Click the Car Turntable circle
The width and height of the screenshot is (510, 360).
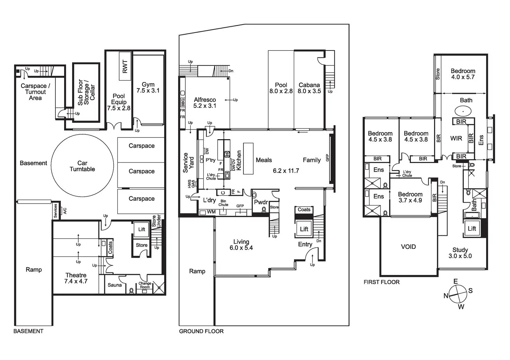[x=82, y=166]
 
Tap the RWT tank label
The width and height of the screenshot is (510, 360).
[x=125, y=66]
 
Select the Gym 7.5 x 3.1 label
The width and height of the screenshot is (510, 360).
[x=148, y=88]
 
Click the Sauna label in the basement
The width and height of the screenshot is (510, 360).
[x=115, y=285]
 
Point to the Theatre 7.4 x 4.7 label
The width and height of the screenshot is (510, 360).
[x=76, y=278]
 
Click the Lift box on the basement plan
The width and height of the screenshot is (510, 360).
[x=142, y=229]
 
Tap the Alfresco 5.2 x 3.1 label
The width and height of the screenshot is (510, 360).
[x=205, y=103]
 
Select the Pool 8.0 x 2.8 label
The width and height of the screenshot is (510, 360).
[x=281, y=88]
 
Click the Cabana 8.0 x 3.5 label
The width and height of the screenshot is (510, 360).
[x=309, y=88]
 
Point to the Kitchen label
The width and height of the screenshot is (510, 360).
[x=239, y=160]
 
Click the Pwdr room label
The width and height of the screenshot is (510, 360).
[x=261, y=202]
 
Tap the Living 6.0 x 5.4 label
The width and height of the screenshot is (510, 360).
[x=241, y=245]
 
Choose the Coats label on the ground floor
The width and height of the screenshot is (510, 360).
[x=304, y=209]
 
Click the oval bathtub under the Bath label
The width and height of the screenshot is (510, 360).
[x=463, y=111]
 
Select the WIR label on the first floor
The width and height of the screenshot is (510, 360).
[x=456, y=138]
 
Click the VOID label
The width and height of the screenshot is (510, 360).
[x=408, y=247]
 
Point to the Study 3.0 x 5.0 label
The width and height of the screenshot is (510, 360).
[x=460, y=253]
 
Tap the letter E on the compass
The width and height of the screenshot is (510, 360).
[x=456, y=281]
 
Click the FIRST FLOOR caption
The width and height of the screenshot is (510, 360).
[x=381, y=282]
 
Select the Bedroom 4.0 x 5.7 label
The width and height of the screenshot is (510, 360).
[x=463, y=74]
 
